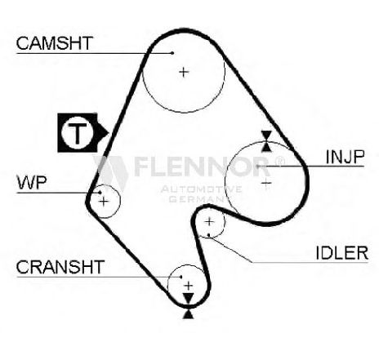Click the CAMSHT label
pyautogui.click(x=55, y=43)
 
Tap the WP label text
pyautogui.click(x=32, y=183)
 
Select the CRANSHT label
pyautogui.click(x=60, y=267)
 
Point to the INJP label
pyautogui.click(x=345, y=157)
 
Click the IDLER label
pyautogui.click(x=342, y=253)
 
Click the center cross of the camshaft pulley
pyautogui.click(x=184, y=72)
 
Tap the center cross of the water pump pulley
pyautogui.click(x=104, y=202)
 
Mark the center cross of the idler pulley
pyautogui.click(x=209, y=222)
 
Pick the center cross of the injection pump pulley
pyautogui.click(x=266, y=183)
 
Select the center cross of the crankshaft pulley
pyautogui.click(x=189, y=286)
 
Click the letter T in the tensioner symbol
pyautogui.click(x=78, y=133)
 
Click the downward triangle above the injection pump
pyautogui.click(x=266, y=136)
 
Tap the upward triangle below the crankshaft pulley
pyautogui.click(x=189, y=314)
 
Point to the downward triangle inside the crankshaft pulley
pyautogui.click(x=188, y=298)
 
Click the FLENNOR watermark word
pyautogui.click(x=202, y=167)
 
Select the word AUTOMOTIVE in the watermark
pyautogui.click(x=202, y=189)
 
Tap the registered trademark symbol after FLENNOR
pyautogui.click(x=279, y=162)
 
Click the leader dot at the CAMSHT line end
pyautogui.click(x=172, y=53)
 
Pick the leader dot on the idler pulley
pyautogui.click(x=209, y=234)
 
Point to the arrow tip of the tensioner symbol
pyautogui.click(x=109, y=133)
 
